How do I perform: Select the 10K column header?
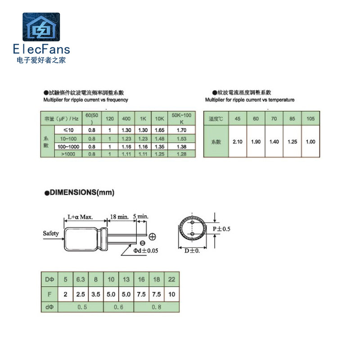pos(159,119)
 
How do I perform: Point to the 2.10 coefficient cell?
pos(238,141)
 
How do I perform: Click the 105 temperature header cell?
pos(310,119)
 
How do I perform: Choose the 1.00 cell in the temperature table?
pos(310,141)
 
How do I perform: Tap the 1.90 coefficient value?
pos(256,141)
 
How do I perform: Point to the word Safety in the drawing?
pos(50,233)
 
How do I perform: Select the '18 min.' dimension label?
pos(119,217)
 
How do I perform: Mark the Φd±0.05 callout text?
pos(147,251)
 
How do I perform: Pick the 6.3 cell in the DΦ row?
pos(81,279)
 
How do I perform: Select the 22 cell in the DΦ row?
pos(172,279)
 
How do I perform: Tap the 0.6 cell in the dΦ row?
pos(118,307)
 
